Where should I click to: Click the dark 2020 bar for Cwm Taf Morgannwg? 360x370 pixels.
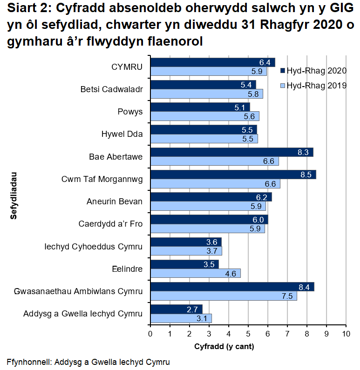(233, 175)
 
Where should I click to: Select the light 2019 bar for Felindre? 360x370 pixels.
(195, 274)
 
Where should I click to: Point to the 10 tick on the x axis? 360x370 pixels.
(346, 334)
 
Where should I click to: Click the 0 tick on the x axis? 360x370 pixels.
(150, 334)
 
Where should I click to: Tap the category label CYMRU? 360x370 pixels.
(127, 67)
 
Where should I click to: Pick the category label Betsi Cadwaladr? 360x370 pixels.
(111, 89)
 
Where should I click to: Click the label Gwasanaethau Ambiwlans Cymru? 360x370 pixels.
(78, 292)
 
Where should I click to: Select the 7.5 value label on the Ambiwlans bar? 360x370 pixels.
(287, 296)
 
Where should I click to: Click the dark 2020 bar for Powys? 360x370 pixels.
(200, 108)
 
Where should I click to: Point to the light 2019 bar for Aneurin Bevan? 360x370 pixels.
(208, 206)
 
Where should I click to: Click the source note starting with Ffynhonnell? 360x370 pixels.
(88, 362)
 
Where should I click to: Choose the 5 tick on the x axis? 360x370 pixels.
(248, 334)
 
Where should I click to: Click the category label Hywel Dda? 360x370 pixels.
(122, 135)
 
